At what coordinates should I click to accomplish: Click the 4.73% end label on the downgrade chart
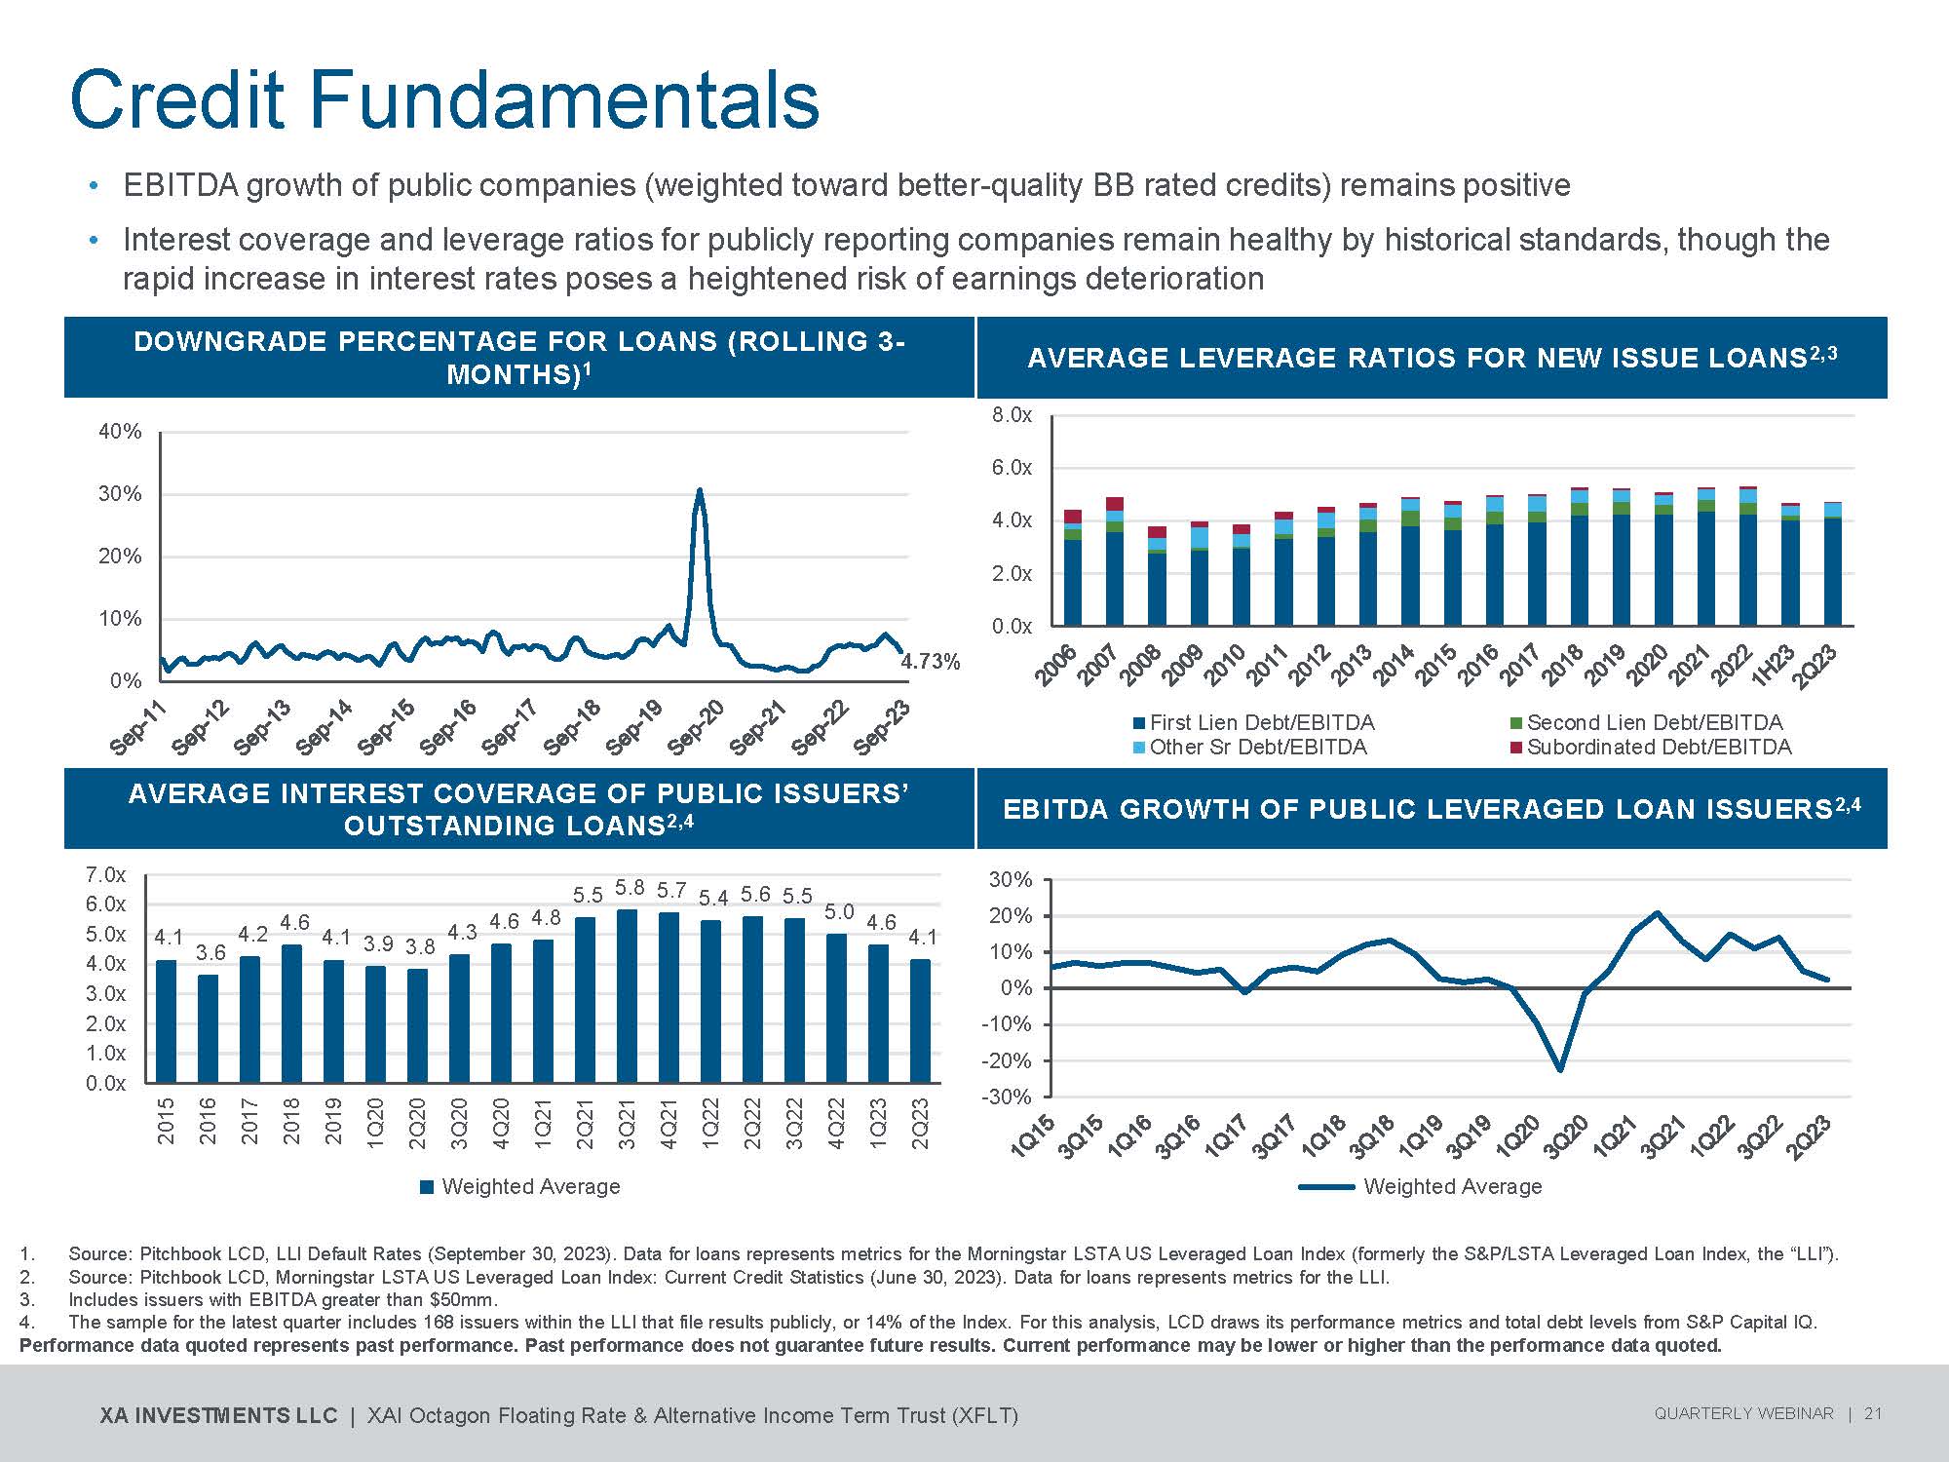[930, 662]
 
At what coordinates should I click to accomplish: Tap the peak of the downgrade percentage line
[699, 490]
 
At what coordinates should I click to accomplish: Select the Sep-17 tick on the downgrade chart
[510, 726]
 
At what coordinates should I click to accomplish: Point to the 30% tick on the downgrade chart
[120, 494]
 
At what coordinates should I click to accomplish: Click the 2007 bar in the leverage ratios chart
[1115, 561]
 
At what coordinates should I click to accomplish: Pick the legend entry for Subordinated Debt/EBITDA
[1658, 747]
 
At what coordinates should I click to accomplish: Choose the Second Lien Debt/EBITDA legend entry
[1654, 722]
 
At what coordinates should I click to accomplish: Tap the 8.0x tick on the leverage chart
[1012, 415]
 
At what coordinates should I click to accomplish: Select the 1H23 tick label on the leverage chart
[1773, 667]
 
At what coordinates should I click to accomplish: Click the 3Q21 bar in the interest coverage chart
[628, 995]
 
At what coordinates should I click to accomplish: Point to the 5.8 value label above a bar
[631, 888]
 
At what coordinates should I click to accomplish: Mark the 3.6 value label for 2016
[210, 953]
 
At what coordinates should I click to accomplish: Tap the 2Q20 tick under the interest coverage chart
[417, 1123]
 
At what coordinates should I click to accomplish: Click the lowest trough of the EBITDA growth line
[1561, 1069]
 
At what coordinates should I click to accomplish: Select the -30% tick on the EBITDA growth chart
[1010, 1096]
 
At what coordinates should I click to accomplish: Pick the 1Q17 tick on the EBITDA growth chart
[1225, 1136]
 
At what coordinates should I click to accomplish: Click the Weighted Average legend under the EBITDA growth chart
[1452, 1186]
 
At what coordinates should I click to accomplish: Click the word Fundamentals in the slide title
[564, 99]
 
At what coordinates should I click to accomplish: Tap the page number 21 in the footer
[1873, 1413]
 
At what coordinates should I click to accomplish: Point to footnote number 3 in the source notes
[27, 1299]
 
